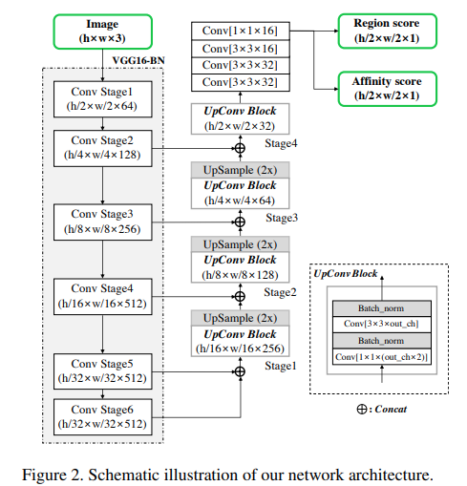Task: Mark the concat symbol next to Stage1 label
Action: coord(240,369)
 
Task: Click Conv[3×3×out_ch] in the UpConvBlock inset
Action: coord(380,325)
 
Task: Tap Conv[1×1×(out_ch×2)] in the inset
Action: coord(380,356)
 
